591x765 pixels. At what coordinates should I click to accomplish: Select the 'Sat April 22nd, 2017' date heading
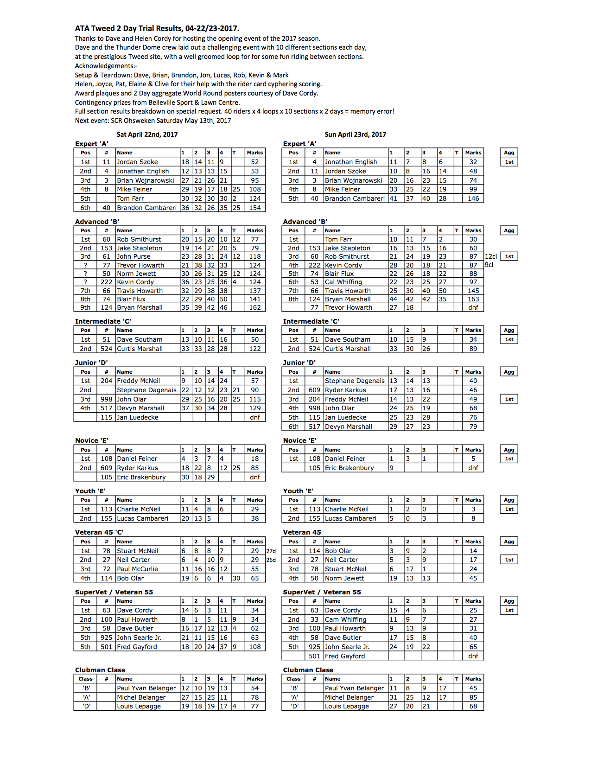147,134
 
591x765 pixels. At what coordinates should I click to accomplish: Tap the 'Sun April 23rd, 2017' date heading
355,134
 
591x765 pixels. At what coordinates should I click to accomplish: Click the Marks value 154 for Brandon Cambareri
255,208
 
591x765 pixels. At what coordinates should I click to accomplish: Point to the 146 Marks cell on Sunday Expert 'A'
473,198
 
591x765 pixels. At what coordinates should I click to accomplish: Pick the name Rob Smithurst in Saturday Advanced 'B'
139,239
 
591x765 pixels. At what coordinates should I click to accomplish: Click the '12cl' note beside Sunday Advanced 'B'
491,256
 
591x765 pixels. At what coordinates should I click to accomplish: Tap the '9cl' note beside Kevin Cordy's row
489,265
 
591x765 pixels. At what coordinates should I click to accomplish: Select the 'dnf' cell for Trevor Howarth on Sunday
473,307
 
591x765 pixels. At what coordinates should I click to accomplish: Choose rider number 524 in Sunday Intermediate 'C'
314,349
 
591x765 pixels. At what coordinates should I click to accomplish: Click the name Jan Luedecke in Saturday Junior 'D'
138,417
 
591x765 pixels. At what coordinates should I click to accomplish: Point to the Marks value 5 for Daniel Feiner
473,459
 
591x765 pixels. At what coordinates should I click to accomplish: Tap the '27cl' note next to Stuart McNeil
272,551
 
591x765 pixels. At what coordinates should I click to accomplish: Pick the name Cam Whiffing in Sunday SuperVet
345,619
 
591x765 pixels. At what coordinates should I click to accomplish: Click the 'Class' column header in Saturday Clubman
85,679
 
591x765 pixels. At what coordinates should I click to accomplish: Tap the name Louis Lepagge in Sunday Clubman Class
347,706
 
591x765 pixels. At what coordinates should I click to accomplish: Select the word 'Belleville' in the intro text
163,102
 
